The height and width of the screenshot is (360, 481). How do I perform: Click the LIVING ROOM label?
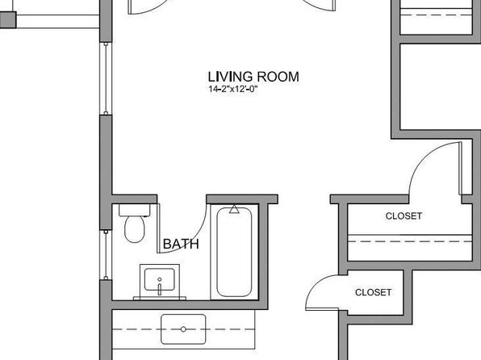[x=253, y=77]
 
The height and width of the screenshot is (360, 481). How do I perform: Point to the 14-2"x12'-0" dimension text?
[x=232, y=89]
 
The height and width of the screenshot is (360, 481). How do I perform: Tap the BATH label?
[x=181, y=244]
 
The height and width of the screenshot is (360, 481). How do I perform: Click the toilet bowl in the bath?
[x=135, y=229]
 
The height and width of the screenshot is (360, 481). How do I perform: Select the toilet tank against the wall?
[x=134, y=210]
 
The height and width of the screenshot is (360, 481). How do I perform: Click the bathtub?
[x=234, y=253]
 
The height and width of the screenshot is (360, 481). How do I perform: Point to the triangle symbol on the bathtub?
[x=234, y=209]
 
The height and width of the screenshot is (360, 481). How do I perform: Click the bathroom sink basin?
[x=160, y=279]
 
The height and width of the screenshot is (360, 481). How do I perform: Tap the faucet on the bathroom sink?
[x=160, y=287]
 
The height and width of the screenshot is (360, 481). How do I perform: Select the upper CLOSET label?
[x=404, y=216]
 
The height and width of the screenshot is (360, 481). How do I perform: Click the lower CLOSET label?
[x=373, y=292]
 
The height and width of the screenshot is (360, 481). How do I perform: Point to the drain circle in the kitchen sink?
[x=183, y=329]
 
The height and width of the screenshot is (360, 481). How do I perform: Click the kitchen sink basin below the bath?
[x=183, y=329]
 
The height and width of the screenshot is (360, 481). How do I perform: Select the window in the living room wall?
[x=106, y=78]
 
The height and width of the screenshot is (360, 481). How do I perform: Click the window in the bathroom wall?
[x=106, y=255]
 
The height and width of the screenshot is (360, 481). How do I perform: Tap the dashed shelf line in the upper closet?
[x=409, y=241]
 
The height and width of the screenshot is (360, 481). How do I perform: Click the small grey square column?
[x=8, y=19]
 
